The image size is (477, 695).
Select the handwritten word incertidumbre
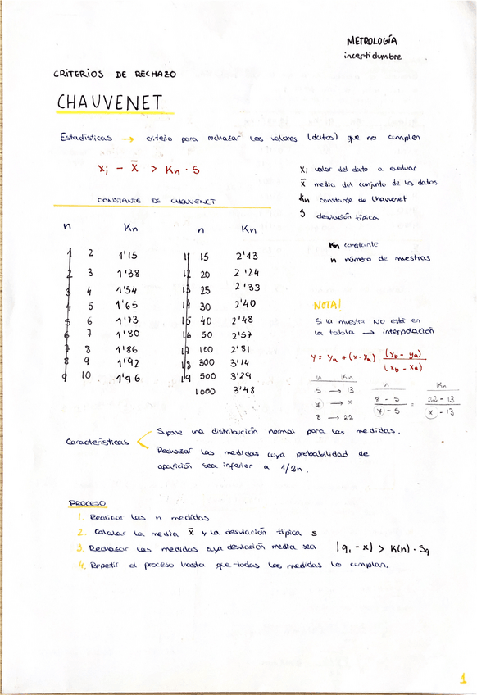pyautogui.click(x=373, y=56)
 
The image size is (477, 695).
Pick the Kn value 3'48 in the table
pyautogui.click(x=244, y=390)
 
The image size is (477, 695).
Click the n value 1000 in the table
pyautogui.click(x=205, y=392)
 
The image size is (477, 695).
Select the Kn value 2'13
pyautogui.click(x=245, y=257)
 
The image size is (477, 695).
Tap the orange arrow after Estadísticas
pyautogui.click(x=127, y=139)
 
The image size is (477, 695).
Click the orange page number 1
pyautogui.click(x=462, y=678)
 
